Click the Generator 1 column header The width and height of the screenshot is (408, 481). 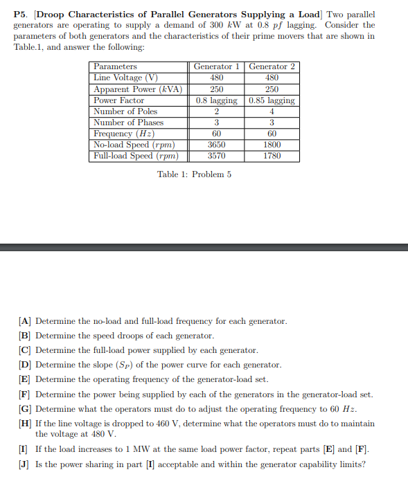(216, 66)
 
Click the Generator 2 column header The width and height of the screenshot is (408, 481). (272, 66)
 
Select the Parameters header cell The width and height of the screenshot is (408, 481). (115, 66)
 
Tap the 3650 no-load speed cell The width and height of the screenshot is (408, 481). (216, 145)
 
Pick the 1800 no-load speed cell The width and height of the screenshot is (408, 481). (272, 145)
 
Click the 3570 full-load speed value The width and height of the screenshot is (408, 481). (216, 156)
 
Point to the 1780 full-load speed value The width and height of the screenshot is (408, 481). (272, 156)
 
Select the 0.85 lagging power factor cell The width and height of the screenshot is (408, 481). (272, 100)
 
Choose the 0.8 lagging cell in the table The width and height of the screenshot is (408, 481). (216, 100)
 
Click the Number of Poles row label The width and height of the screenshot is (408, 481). (125, 111)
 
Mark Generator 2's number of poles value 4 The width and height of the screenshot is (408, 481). (272, 111)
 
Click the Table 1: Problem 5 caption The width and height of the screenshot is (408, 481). (195, 174)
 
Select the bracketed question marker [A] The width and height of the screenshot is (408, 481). (25, 321)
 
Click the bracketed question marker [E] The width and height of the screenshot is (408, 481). (25, 379)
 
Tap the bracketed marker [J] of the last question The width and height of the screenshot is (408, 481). (25, 464)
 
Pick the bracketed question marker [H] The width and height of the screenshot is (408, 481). (25, 424)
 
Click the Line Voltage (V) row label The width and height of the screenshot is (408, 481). (125, 78)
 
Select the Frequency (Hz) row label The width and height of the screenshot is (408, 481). (123, 134)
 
